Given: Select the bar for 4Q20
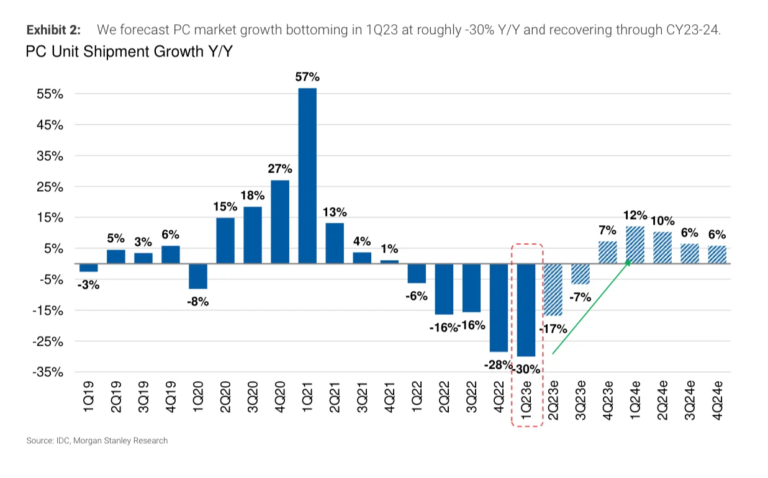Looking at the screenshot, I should tap(280, 222).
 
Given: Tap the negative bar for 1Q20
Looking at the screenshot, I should tap(198, 276).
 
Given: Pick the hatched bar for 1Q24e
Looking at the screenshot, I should tap(635, 245).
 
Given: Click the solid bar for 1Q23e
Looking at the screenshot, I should tap(526, 310).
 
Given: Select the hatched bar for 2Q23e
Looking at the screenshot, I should tap(553, 289).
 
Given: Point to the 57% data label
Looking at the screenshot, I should tap(307, 77).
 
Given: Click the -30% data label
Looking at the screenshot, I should tap(526, 370).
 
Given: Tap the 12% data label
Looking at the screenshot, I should tap(635, 215).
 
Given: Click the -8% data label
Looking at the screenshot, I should tap(198, 302).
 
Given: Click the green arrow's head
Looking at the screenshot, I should tap(628, 263).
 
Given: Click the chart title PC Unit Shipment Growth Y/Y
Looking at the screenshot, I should tap(129, 52).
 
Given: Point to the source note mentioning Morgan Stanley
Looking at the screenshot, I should tap(97, 441).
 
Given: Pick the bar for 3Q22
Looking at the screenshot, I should tap(471, 288).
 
